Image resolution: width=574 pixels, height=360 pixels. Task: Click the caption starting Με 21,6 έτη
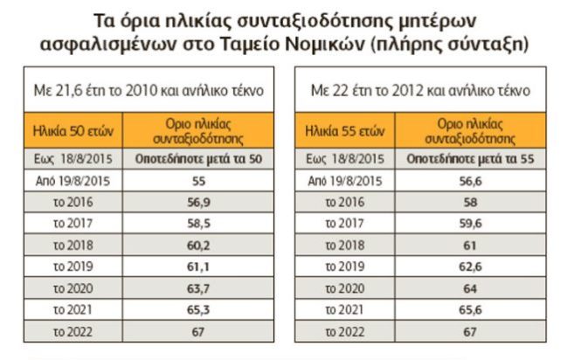(x=146, y=90)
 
